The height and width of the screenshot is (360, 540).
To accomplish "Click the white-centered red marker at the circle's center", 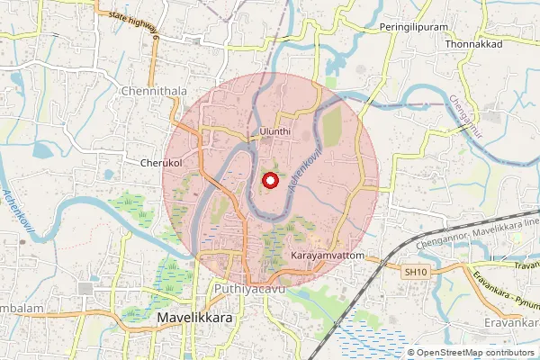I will point(269,181).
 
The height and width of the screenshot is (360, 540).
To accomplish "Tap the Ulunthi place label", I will point(274,131).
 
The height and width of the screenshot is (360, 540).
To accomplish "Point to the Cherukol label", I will point(162,164).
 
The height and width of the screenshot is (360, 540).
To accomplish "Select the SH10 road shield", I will point(413,272).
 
